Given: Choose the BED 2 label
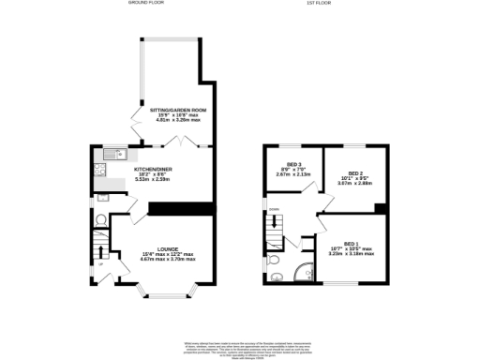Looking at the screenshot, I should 354,173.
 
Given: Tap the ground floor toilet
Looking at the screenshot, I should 100,220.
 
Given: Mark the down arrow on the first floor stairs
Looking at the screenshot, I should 275,223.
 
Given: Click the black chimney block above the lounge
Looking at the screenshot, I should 168,208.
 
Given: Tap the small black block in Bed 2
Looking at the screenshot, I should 379,207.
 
